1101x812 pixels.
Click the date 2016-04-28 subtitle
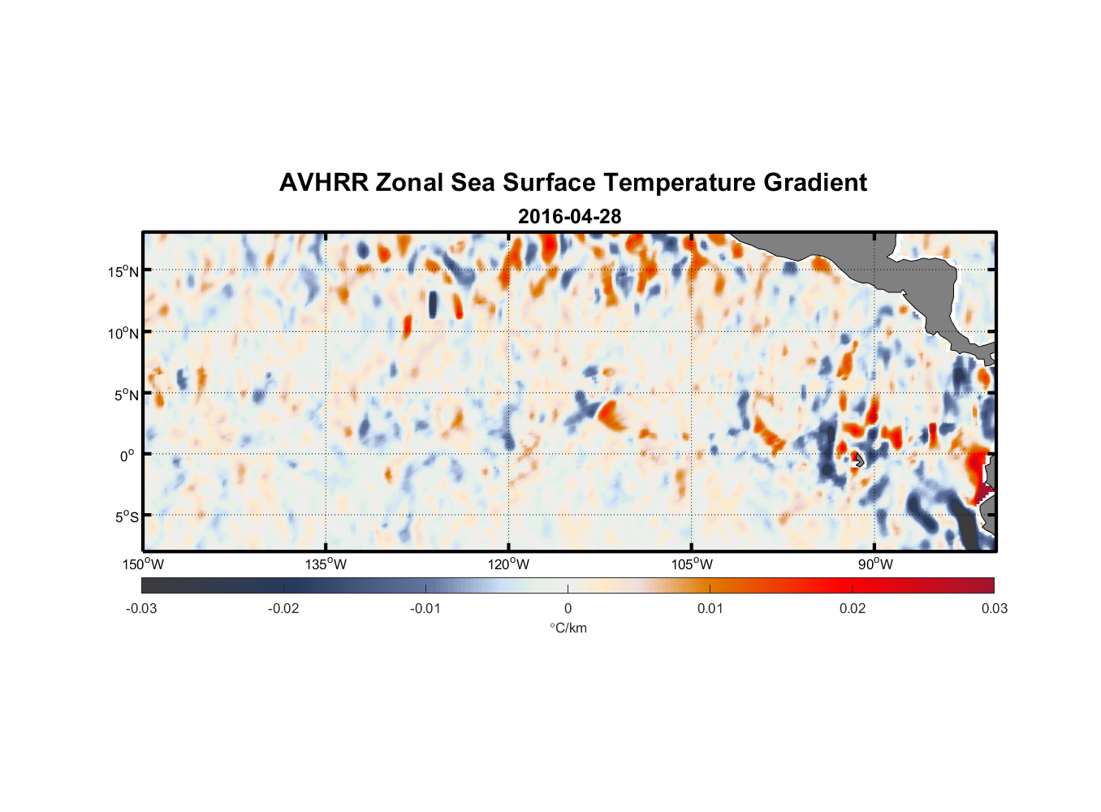coord(569,217)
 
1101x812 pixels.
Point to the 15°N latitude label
coord(123,271)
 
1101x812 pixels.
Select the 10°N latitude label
coord(123,333)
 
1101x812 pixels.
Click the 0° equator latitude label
coord(127,456)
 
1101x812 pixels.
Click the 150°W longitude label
coord(143,564)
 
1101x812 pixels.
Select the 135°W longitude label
coord(326,564)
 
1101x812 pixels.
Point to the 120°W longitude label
coord(508,564)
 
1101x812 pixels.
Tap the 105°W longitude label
coord(692,564)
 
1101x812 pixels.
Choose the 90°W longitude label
coord(875,564)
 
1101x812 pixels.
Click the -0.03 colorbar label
coord(141,608)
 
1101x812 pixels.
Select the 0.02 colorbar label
coord(852,608)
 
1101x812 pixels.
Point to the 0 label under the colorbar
coord(568,608)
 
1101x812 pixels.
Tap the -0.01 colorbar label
coord(425,608)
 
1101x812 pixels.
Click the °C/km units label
coord(568,628)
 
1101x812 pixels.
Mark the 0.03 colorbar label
coord(994,608)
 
